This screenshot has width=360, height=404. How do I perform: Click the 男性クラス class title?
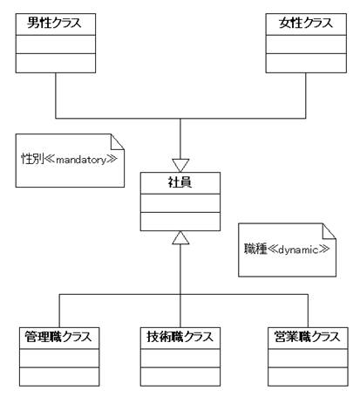click(x=54, y=23)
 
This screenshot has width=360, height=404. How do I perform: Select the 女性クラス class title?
click(x=306, y=23)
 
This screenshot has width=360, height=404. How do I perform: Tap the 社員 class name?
click(x=180, y=182)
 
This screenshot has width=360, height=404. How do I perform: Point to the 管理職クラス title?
click(x=58, y=337)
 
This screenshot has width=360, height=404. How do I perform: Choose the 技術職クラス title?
click(x=180, y=337)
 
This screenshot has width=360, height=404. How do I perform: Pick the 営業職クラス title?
click(x=308, y=337)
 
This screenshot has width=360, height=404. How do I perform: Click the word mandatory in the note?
click(x=81, y=160)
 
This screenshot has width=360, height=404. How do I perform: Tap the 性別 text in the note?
click(x=32, y=159)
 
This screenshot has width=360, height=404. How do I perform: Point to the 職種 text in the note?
click(x=255, y=249)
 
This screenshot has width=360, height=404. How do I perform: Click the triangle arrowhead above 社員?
click(x=180, y=166)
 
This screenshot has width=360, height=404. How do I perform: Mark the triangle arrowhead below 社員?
click(x=180, y=237)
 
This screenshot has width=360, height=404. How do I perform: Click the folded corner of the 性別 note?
click(x=118, y=142)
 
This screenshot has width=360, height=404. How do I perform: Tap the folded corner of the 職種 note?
click(x=329, y=231)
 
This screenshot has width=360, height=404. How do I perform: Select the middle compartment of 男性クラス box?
click(x=56, y=45)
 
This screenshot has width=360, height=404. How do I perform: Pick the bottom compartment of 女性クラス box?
click(x=306, y=63)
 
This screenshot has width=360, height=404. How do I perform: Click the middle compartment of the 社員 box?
click(x=180, y=203)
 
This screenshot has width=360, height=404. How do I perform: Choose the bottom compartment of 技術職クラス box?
click(x=180, y=377)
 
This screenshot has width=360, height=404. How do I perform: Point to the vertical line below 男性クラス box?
click(x=56, y=96)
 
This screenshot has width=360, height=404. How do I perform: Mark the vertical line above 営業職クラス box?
click(x=308, y=311)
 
